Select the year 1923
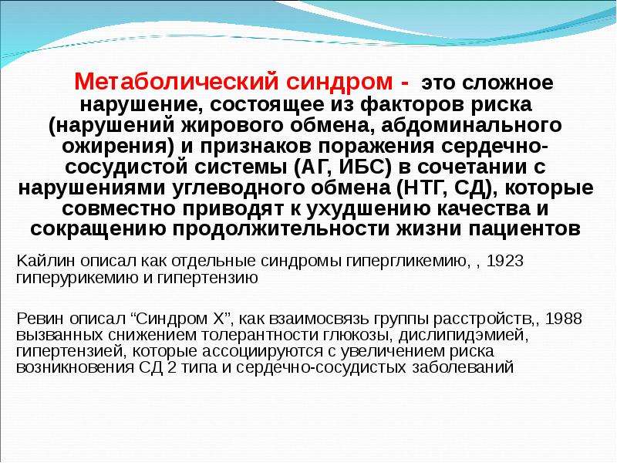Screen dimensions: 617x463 click(x=505, y=261)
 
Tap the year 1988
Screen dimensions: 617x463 click(x=564, y=318)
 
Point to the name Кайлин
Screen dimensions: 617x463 click(x=46, y=261)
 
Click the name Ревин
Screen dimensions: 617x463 click(x=40, y=318)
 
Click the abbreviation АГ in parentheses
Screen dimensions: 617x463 click(x=312, y=167)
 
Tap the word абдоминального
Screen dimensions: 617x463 click(x=471, y=125)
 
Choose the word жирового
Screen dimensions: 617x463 click(x=233, y=125)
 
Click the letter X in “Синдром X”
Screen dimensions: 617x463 click(x=218, y=318)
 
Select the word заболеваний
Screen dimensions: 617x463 click(x=464, y=368)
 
